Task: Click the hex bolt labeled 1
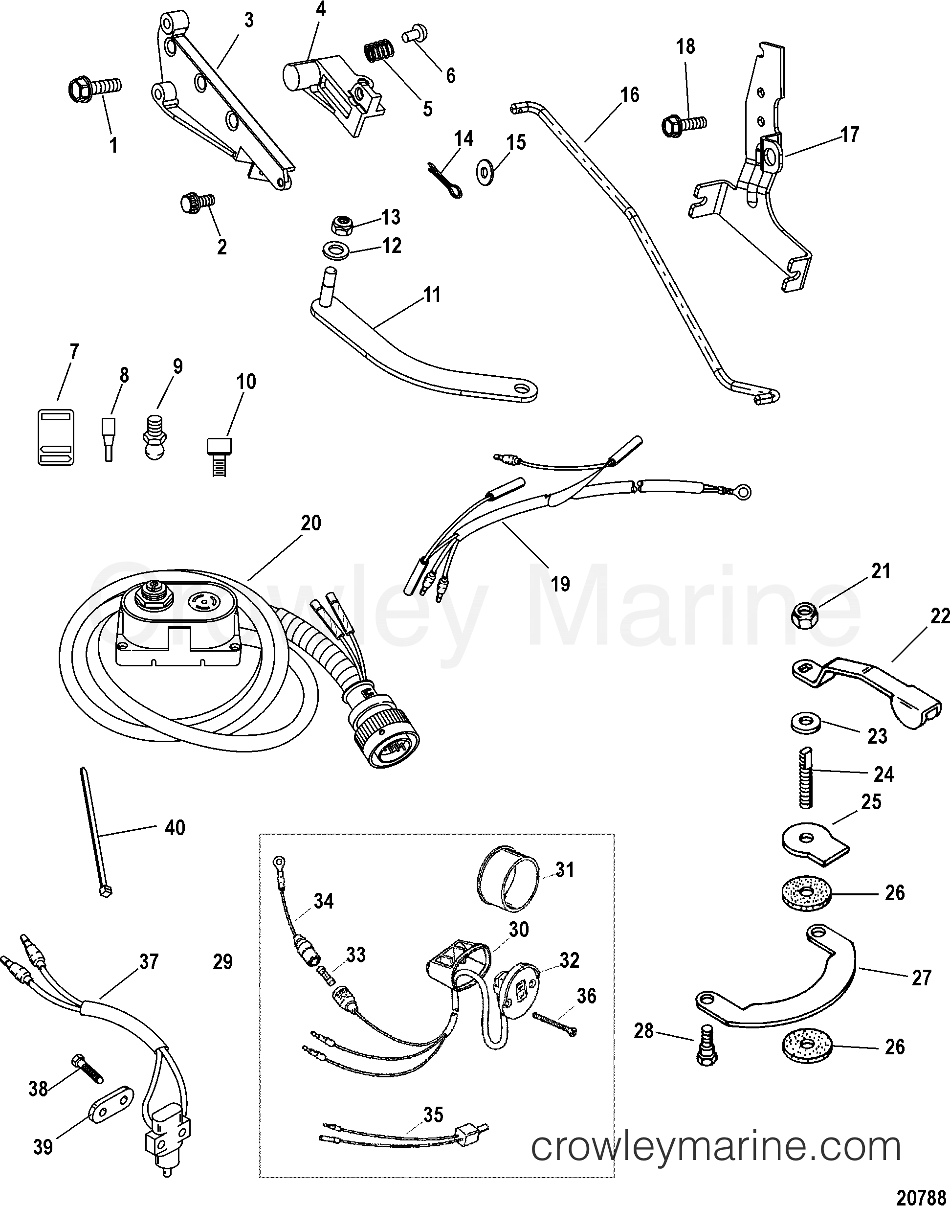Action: point(92,88)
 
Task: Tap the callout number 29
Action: point(223,962)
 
